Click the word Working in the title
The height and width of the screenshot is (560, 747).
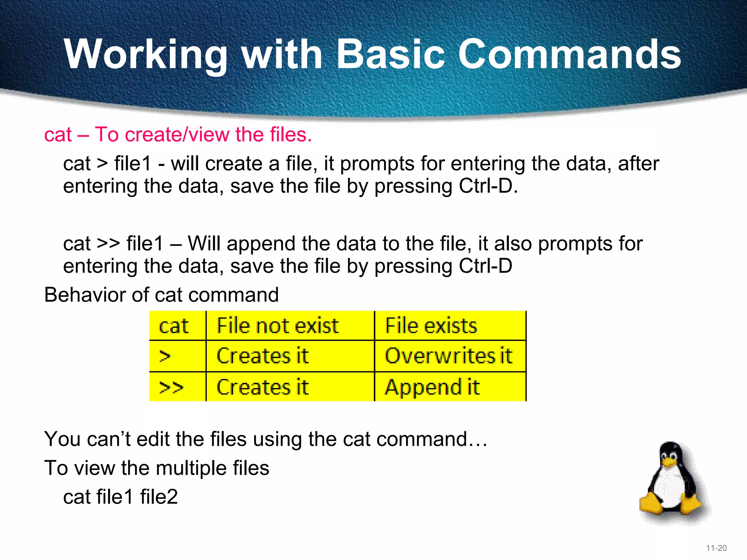click(x=146, y=55)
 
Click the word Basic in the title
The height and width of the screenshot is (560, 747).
click(x=390, y=55)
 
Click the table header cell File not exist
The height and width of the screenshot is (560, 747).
click(x=278, y=326)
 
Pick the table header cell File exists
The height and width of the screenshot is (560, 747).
click(x=431, y=326)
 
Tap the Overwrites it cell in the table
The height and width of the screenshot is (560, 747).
click(x=449, y=356)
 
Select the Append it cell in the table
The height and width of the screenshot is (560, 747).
click(x=432, y=387)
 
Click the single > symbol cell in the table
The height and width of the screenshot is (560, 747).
click(x=165, y=356)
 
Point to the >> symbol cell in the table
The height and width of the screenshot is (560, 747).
click(x=171, y=387)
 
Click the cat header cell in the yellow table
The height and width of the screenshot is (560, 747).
click(x=174, y=326)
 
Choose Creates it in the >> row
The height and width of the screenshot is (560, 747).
click(x=263, y=387)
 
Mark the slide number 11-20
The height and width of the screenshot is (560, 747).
click(x=716, y=548)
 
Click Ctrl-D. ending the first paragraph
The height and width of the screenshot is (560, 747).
click(x=488, y=186)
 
